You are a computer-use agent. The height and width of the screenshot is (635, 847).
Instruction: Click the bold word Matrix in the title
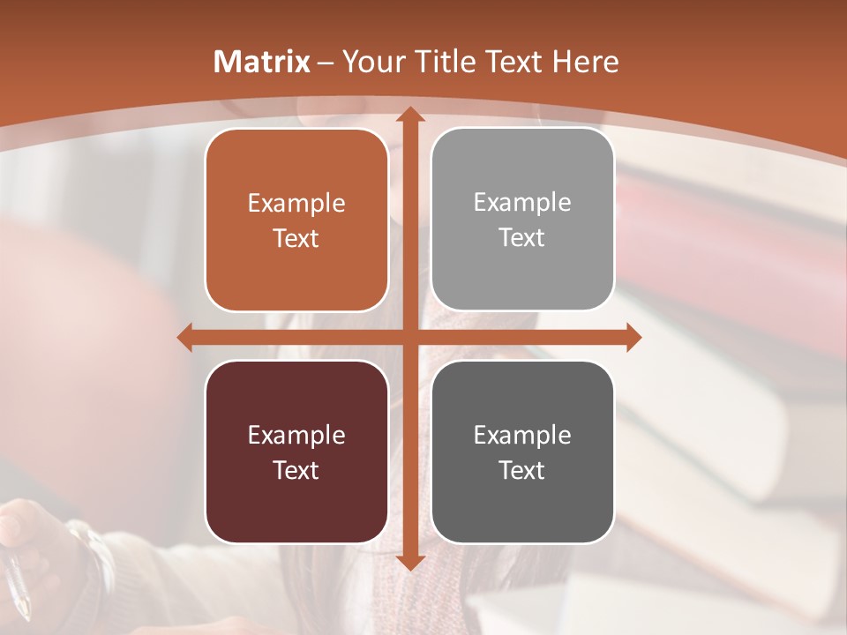point(262,62)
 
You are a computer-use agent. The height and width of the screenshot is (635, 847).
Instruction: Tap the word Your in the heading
point(371,62)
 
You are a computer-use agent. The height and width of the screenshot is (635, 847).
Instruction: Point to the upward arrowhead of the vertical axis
point(409,115)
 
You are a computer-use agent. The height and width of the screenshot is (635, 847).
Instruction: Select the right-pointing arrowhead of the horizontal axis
point(633,338)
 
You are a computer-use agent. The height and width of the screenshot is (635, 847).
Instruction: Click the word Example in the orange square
point(296,204)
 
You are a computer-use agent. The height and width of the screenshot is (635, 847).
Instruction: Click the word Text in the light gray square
point(522,238)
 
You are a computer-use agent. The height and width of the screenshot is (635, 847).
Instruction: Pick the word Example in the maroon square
point(296,435)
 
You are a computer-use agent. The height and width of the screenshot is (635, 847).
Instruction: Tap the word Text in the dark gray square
point(522,470)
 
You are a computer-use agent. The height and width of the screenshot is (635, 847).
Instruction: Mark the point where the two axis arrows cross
point(409,338)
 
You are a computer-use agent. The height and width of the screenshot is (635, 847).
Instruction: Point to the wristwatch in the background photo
point(93,551)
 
